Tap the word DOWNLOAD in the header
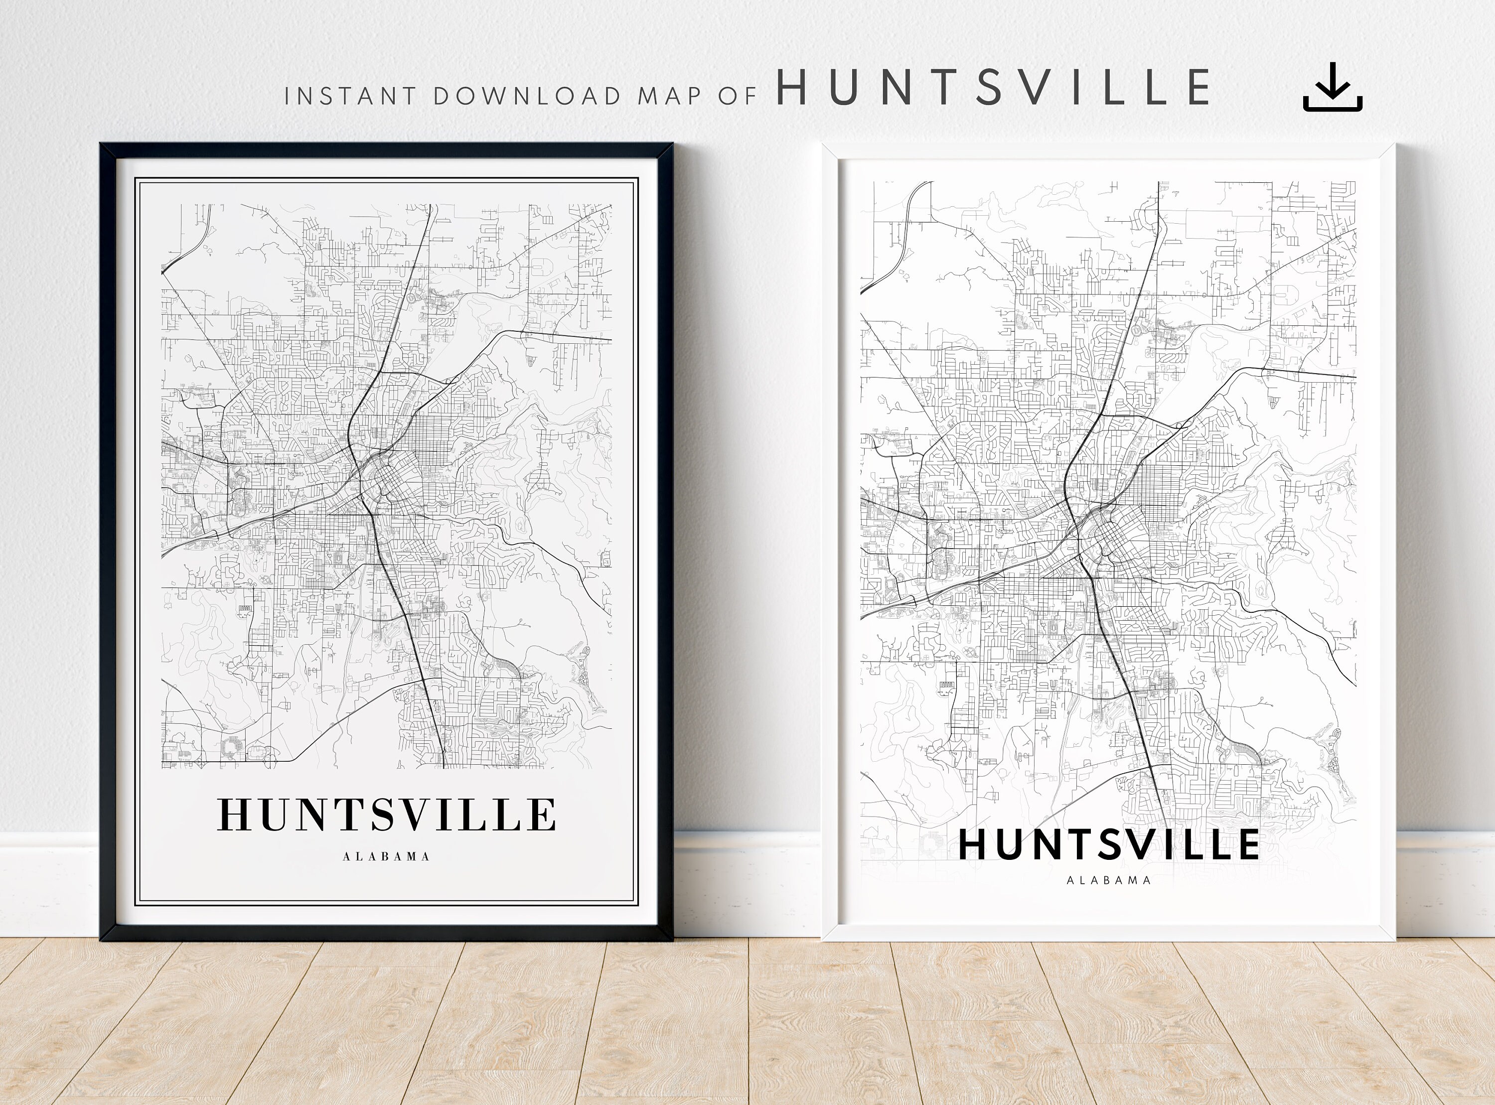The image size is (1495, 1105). pyautogui.click(x=528, y=96)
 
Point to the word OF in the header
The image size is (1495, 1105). pyautogui.click(x=737, y=96)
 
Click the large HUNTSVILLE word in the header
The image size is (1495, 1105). pyautogui.click(x=993, y=87)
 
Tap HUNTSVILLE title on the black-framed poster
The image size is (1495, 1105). pyautogui.click(x=386, y=814)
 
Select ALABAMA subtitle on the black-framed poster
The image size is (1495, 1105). pyautogui.click(x=386, y=856)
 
